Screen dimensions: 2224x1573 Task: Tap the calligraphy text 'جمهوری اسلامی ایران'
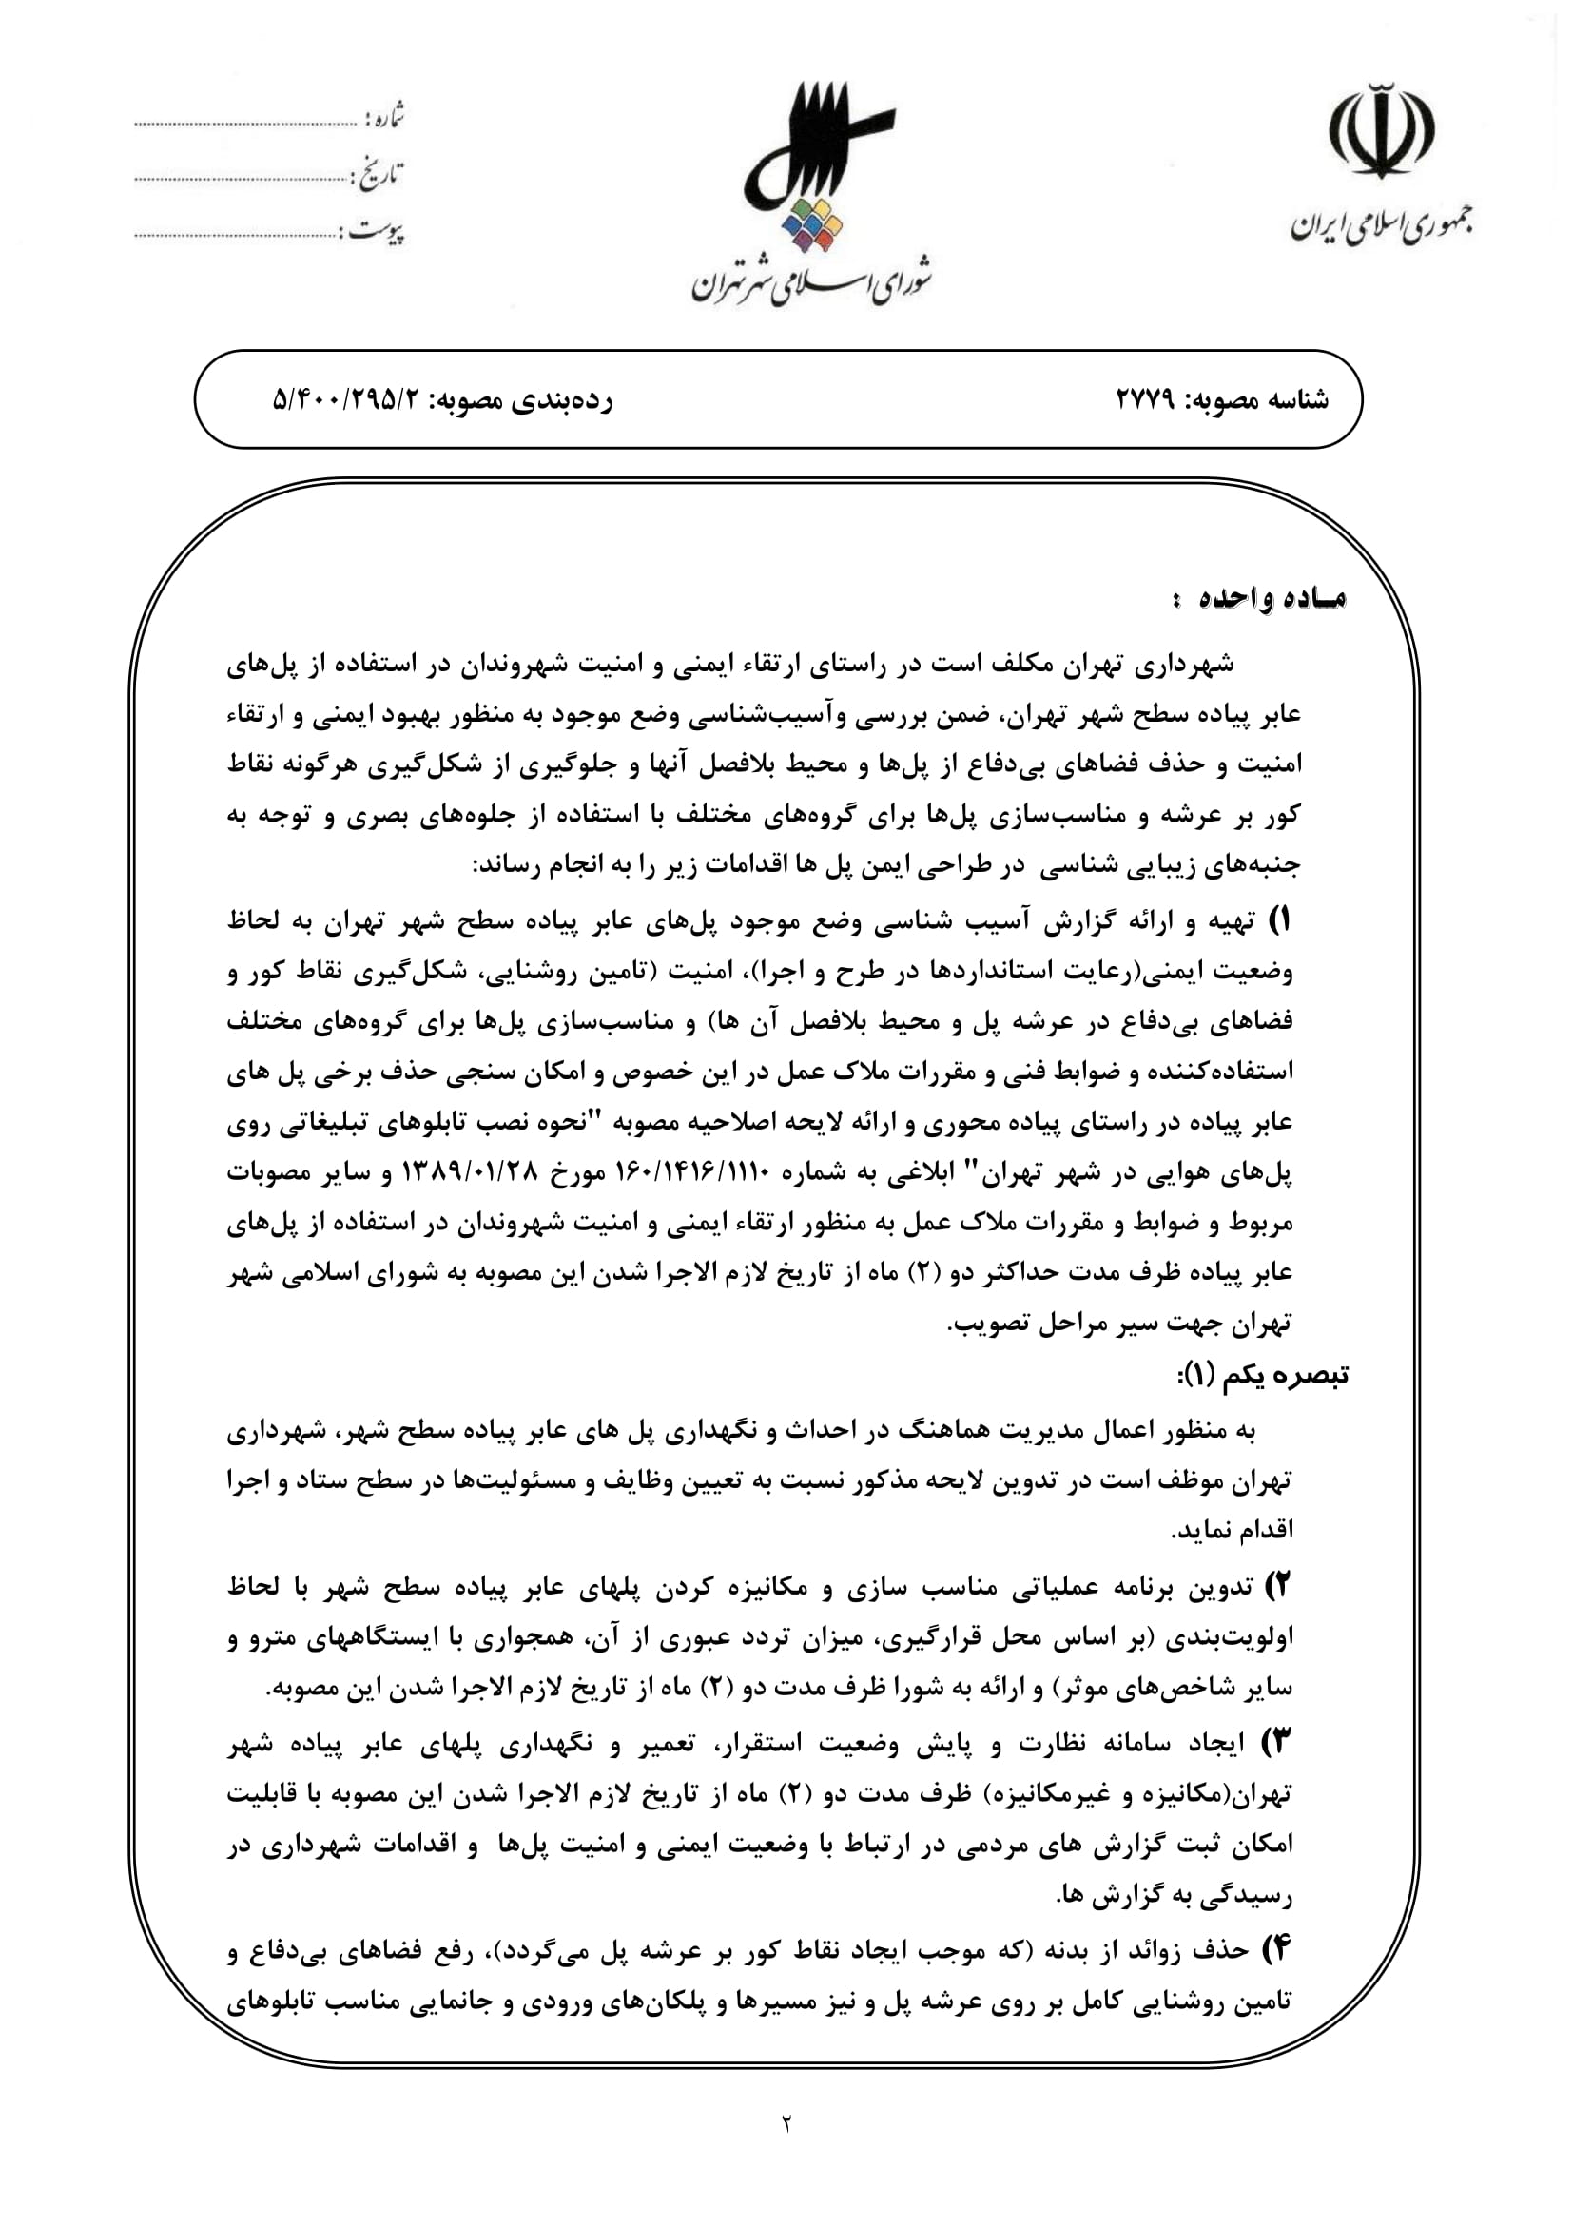1381,225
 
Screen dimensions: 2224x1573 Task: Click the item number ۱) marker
1280,921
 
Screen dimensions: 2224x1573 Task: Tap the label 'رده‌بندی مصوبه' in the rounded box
527,399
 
